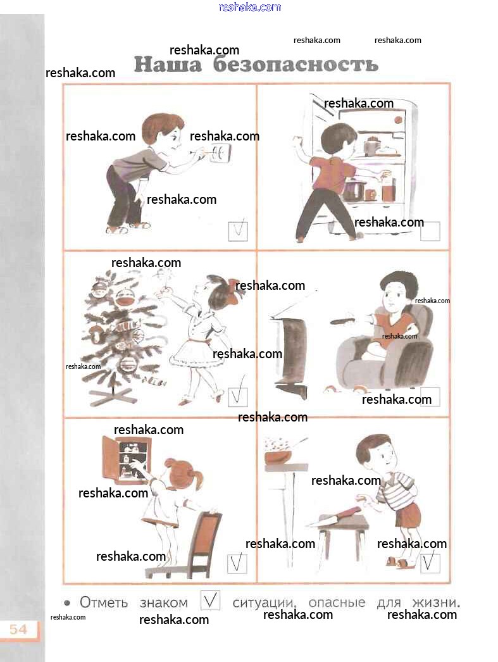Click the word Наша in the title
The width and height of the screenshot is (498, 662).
[x=168, y=65]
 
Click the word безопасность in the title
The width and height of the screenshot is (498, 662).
[x=296, y=65]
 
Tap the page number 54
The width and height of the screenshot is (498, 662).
[x=18, y=630]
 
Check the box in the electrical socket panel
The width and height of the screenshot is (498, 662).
[x=237, y=231]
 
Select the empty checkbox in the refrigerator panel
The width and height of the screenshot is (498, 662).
[x=430, y=231]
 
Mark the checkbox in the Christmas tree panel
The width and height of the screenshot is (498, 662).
[x=237, y=397]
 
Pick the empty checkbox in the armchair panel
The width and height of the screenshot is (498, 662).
[x=430, y=397]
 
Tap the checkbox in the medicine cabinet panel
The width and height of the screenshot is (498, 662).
[x=237, y=563]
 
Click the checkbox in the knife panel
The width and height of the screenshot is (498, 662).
[x=430, y=563]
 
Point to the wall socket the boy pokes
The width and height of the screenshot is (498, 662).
[x=221, y=153]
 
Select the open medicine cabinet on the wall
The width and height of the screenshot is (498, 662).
[x=127, y=458]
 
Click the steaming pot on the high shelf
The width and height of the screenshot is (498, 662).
[x=278, y=455]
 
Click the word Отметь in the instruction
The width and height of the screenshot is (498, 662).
[x=104, y=603]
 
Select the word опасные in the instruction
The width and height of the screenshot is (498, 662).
[x=337, y=603]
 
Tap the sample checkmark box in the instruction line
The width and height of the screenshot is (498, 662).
[x=210, y=600]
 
